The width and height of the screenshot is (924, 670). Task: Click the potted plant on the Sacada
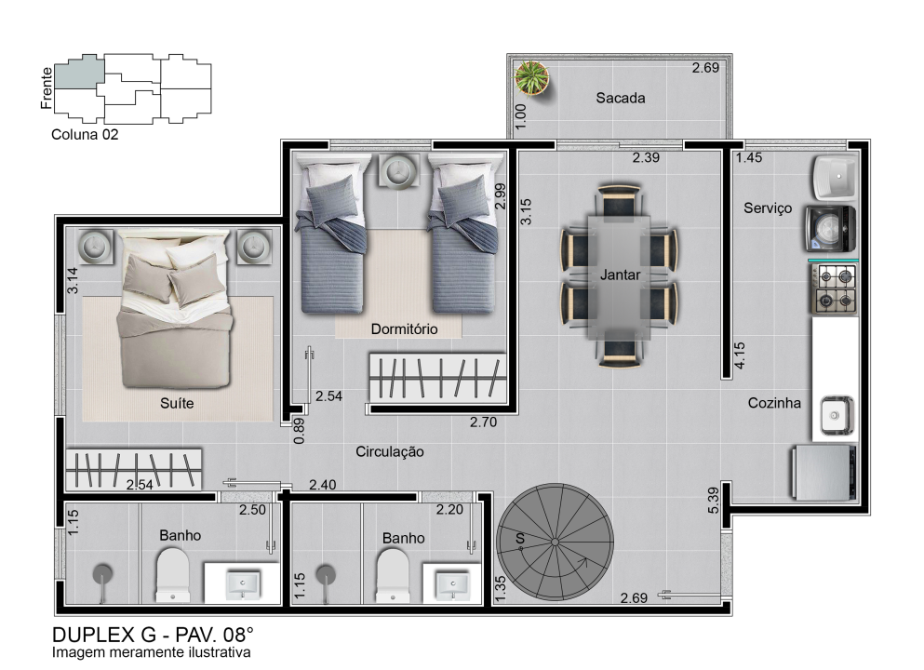click(532, 78)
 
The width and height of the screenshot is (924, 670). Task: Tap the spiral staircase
click(556, 543)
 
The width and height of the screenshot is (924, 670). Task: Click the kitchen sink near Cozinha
click(837, 415)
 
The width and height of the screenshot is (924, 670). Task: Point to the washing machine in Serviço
click(831, 229)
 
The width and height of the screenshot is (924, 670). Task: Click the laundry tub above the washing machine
click(837, 176)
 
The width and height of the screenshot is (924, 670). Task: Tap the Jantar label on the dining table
click(620, 275)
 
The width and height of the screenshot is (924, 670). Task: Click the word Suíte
click(177, 403)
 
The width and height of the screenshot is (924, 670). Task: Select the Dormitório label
click(404, 328)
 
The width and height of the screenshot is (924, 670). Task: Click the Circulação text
click(390, 452)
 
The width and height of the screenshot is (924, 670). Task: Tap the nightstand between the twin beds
click(399, 171)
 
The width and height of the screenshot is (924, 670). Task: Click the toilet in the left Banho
click(173, 575)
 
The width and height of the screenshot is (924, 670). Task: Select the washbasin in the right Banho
click(452, 584)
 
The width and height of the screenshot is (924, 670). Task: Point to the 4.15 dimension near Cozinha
click(740, 355)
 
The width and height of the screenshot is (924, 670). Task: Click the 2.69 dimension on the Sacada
click(705, 68)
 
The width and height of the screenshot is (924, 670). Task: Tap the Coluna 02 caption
click(85, 134)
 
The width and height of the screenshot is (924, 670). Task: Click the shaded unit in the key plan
click(79, 72)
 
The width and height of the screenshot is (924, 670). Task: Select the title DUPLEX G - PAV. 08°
click(153, 635)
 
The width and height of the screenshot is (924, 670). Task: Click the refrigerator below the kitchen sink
click(824, 473)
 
